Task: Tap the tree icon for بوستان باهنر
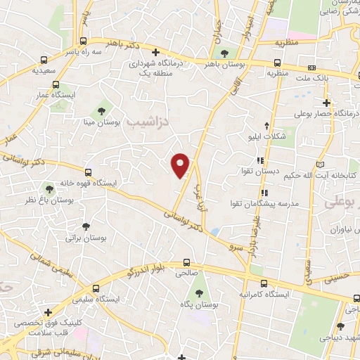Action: click(x=225, y=53)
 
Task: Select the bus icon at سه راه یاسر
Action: click(x=84, y=41)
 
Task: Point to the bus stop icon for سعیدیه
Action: click(x=45, y=60)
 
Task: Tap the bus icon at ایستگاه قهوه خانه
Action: click(x=89, y=172)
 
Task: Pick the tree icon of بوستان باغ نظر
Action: click(x=49, y=188)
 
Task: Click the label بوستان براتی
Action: click(x=86, y=238)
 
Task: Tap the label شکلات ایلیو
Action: click(x=272, y=137)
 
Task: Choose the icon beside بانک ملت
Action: click(x=311, y=68)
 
